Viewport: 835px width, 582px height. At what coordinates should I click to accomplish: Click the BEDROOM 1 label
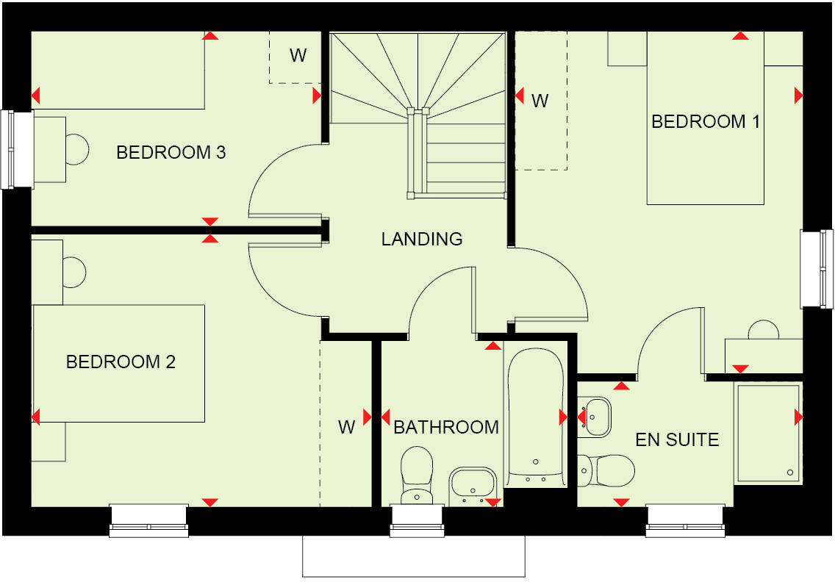point(706,122)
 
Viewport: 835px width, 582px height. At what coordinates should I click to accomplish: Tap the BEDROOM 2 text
point(121,362)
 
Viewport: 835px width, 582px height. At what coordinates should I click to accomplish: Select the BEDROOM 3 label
point(171,153)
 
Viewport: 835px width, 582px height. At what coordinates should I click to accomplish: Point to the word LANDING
point(422,239)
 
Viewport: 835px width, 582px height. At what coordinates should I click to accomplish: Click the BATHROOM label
point(446,427)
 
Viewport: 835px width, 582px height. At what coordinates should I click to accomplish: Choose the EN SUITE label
point(677,440)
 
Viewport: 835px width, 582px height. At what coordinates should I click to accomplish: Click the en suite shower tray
point(767,433)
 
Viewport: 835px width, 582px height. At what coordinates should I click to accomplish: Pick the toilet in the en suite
point(609,470)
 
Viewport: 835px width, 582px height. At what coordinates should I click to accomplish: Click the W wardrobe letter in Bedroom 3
point(298,56)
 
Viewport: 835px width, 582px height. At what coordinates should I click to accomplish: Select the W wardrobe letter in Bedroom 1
point(540,101)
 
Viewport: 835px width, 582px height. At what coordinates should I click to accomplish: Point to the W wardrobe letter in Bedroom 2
point(347,427)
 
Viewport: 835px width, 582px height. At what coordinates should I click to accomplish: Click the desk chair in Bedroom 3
point(76,149)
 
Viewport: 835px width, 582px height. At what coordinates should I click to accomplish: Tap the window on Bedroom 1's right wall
point(817,269)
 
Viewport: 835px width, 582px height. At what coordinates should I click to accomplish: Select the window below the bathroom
point(417,520)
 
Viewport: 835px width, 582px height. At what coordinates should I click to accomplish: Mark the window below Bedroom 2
point(148,520)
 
